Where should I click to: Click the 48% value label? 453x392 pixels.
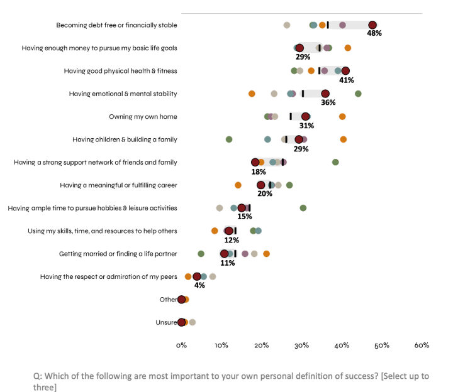pyautogui.click(x=374, y=34)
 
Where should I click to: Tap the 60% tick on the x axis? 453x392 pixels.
pyautogui.click(x=422, y=345)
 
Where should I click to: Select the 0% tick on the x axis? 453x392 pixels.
pyautogui.click(x=181, y=345)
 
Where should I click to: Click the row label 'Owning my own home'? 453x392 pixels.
pyautogui.click(x=143, y=117)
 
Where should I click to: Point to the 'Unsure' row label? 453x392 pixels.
pyautogui.click(x=166, y=322)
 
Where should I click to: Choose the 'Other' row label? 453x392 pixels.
pyautogui.click(x=168, y=300)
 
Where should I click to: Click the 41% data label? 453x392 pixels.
pyautogui.click(x=347, y=80)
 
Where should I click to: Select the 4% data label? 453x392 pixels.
pyautogui.click(x=199, y=286)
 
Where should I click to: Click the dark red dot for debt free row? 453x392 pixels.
pyautogui.click(x=372, y=25)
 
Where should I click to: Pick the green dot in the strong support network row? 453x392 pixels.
pyautogui.click(x=335, y=162)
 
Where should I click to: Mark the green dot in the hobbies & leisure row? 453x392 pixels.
pyautogui.click(x=303, y=208)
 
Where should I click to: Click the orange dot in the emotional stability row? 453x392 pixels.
pyautogui.click(x=252, y=94)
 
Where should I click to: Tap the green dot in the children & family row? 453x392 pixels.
pyautogui.click(x=229, y=139)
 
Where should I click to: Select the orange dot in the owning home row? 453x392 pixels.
pyautogui.click(x=342, y=117)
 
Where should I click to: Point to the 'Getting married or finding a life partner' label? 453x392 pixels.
pyautogui.click(x=118, y=254)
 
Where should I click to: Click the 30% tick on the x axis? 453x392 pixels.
pyautogui.click(x=301, y=345)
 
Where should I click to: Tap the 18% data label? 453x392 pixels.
pyautogui.click(x=258, y=172)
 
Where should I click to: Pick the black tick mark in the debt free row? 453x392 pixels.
pyautogui.click(x=328, y=25)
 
